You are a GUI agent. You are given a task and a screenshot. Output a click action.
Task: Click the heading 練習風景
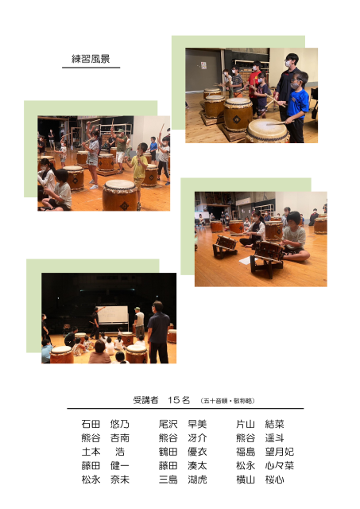click(x=91, y=59)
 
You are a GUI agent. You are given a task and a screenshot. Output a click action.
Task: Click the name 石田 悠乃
click(x=106, y=424)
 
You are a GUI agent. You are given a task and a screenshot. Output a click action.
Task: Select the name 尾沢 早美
click(x=183, y=424)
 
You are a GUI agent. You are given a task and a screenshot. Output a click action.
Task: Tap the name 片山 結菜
click(x=260, y=424)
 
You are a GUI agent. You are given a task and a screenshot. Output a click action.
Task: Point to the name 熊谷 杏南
click(x=106, y=438)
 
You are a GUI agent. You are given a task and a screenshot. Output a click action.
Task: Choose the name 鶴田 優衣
click(x=183, y=452)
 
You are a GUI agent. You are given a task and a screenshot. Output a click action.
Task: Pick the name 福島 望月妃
click(x=265, y=452)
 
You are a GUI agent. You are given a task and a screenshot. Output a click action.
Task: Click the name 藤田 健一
click(x=106, y=466)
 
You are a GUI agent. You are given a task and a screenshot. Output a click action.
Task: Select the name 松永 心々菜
click(x=265, y=466)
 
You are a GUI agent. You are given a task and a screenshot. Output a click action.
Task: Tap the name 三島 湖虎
click(x=183, y=480)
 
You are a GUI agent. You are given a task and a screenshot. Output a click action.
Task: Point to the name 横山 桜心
click(x=260, y=480)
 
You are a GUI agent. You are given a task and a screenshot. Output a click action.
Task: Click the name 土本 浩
click(x=103, y=452)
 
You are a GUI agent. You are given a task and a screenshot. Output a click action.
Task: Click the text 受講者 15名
click(x=161, y=400)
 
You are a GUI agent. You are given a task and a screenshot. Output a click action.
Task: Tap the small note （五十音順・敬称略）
click(x=227, y=401)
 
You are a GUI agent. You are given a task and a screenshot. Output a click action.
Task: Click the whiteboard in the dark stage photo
click(x=113, y=315)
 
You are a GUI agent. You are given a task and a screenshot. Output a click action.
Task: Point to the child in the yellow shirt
click(x=139, y=172)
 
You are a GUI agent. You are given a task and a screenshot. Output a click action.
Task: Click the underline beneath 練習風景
click(x=91, y=68)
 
